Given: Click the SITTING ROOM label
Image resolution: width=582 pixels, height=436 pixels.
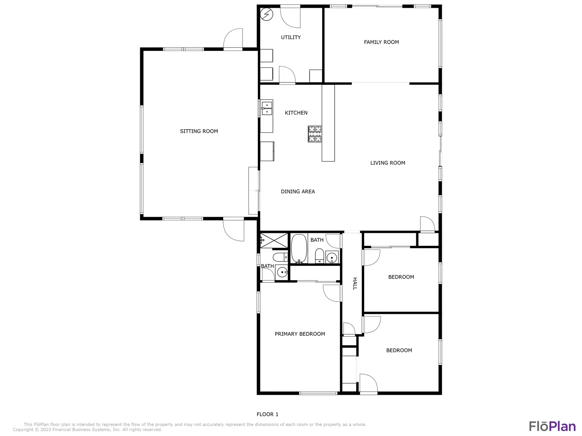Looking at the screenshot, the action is [x=199, y=131].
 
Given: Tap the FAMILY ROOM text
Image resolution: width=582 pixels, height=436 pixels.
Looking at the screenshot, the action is [x=381, y=42].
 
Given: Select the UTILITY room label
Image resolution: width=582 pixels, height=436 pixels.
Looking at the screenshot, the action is [x=291, y=37].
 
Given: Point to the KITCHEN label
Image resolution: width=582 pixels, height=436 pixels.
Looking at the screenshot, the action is [x=296, y=113].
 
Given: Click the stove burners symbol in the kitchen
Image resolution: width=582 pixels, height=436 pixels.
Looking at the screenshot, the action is [x=315, y=134].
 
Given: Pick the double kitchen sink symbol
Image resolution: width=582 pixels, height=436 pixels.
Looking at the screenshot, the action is [x=267, y=108].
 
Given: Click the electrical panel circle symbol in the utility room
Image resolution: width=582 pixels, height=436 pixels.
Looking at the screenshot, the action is [x=266, y=14].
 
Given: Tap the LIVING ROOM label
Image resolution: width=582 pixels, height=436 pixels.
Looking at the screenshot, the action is [x=388, y=163].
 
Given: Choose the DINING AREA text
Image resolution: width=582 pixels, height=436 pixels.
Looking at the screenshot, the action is [x=298, y=191].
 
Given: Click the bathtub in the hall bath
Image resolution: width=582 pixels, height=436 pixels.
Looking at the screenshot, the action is [x=299, y=248].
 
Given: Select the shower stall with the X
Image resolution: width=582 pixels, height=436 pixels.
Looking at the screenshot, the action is [x=274, y=240].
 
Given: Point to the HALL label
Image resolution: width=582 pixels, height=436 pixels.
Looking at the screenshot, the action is [x=355, y=283].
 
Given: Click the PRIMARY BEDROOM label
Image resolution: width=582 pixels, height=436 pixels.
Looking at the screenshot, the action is [x=299, y=334].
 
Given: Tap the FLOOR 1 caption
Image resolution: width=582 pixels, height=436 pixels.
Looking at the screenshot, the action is [x=267, y=414].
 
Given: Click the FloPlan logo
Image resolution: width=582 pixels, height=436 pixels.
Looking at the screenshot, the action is [x=552, y=426].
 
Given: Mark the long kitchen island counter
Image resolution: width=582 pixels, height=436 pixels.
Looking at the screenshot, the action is [x=328, y=123].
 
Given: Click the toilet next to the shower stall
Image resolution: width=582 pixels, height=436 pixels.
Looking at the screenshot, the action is [x=280, y=257].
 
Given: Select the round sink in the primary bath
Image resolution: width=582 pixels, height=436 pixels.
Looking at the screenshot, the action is [x=282, y=272].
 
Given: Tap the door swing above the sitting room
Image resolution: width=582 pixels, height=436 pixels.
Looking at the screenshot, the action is [x=233, y=39].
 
